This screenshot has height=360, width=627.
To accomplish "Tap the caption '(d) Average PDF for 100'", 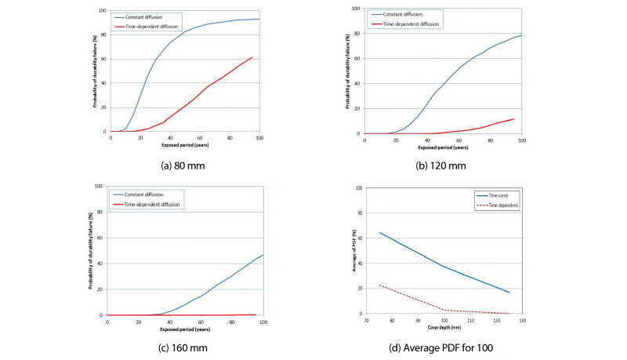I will [x=443, y=341].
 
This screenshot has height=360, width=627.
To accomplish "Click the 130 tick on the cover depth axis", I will [x=521, y=320].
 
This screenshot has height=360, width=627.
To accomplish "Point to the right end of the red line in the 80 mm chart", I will [x=252, y=56].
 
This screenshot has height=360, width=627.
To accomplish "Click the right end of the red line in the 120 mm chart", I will [x=513, y=119].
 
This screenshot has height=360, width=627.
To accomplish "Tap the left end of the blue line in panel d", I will [x=379, y=232].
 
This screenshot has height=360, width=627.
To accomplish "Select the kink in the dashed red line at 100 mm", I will [x=444, y=310].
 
